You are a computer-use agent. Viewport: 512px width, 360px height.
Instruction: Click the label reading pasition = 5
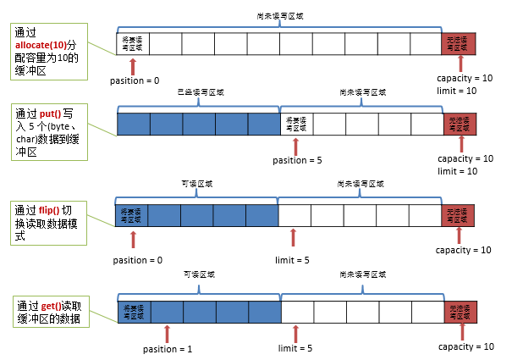[295, 159]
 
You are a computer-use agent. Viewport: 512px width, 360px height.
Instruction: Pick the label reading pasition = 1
[167, 348]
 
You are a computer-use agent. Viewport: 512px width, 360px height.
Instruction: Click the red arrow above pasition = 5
[295, 146]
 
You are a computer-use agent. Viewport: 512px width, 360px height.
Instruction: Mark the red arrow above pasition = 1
[167, 333]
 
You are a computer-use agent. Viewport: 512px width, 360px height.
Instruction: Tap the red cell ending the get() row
[460, 312]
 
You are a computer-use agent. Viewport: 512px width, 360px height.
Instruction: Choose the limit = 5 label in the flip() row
[293, 259]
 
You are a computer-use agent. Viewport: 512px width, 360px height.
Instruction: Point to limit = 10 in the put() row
[458, 171]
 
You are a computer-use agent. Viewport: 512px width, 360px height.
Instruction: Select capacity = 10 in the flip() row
[463, 250]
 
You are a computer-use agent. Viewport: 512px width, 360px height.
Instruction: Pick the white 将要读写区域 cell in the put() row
[295, 125]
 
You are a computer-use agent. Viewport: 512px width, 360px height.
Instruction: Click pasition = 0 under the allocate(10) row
[135, 80]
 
